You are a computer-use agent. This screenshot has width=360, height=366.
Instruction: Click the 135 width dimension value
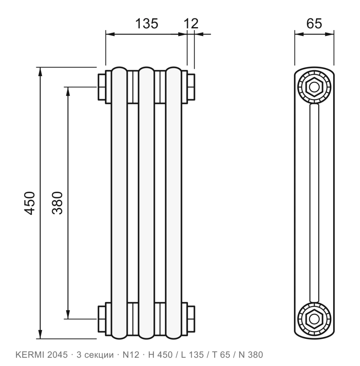[147, 24]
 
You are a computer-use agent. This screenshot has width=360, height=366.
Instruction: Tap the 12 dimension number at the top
[191, 24]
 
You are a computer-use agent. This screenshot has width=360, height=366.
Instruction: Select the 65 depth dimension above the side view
[314, 24]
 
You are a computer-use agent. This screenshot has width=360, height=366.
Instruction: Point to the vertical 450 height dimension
[30, 203]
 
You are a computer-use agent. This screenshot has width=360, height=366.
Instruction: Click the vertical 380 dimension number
[58, 203]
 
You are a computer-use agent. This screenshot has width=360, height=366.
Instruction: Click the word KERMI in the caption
[30, 355]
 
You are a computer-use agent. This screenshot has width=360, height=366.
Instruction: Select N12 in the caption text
[131, 355]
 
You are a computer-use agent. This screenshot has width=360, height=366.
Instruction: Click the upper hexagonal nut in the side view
[314, 87]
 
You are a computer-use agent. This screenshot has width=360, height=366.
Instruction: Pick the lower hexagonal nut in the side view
[314, 319]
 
